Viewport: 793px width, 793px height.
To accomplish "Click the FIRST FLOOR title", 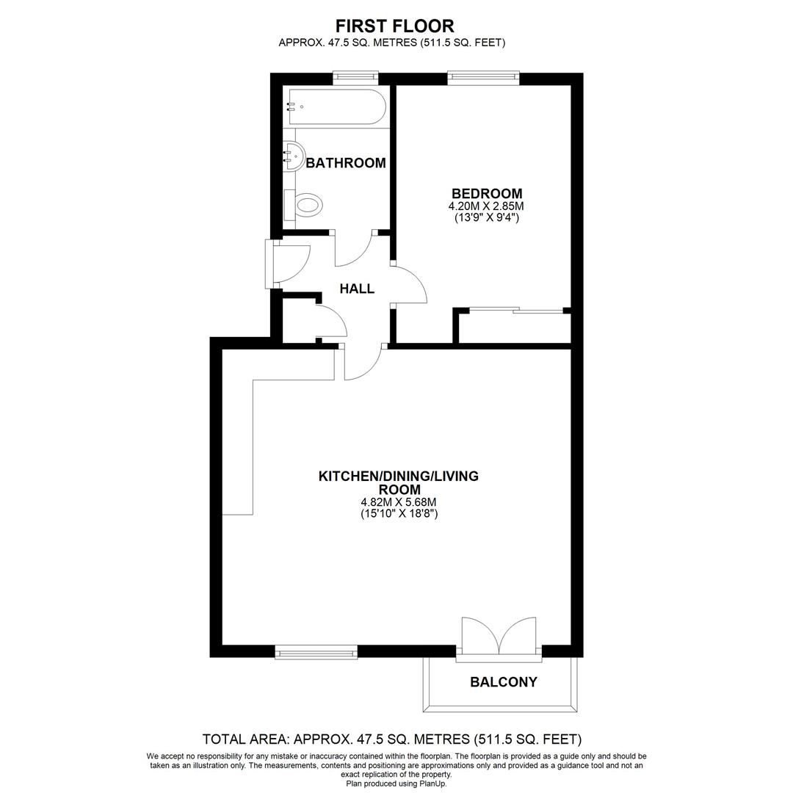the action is click(x=395, y=26).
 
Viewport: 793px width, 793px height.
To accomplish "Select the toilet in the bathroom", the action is click(x=304, y=205).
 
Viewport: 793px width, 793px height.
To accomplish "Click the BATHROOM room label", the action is click(x=346, y=163).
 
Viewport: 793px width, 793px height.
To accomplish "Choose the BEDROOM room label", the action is click(x=487, y=193).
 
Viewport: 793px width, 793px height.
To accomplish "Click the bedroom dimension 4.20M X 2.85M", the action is click(x=486, y=206).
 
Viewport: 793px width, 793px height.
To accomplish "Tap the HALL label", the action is click(x=357, y=289).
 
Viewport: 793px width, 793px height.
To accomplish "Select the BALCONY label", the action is click(x=503, y=682).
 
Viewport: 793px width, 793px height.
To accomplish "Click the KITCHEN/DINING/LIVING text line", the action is click(x=399, y=477).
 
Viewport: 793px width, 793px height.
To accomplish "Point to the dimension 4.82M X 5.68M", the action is click(x=399, y=503).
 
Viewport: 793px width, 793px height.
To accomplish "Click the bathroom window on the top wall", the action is click(x=356, y=76).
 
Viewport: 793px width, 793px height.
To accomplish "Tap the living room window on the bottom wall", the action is click(x=316, y=652).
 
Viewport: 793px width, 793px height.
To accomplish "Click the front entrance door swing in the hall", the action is click(x=289, y=264).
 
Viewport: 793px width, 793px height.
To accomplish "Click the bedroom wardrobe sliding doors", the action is click(x=516, y=310).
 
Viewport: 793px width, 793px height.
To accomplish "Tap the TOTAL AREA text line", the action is click(x=392, y=739).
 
